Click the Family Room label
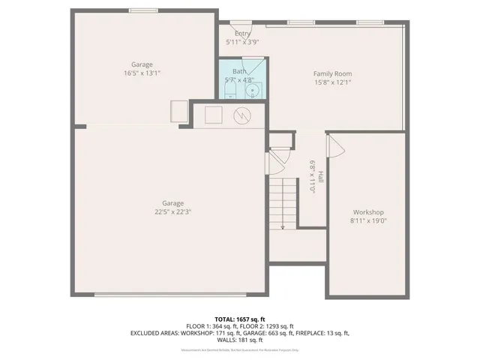click(332, 73)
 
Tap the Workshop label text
click(368, 211)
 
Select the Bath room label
click(238, 71)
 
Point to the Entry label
click(242, 34)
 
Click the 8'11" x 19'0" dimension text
click(368, 220)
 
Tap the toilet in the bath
click(230, 91)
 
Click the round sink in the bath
click(253, 91)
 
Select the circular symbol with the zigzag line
click(242, 115)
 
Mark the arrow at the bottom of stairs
click(283, 226)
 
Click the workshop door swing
click(335, 146)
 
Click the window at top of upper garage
click(142, 10)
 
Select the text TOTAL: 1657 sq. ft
click(239, 319)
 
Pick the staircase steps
click(283, 202)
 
